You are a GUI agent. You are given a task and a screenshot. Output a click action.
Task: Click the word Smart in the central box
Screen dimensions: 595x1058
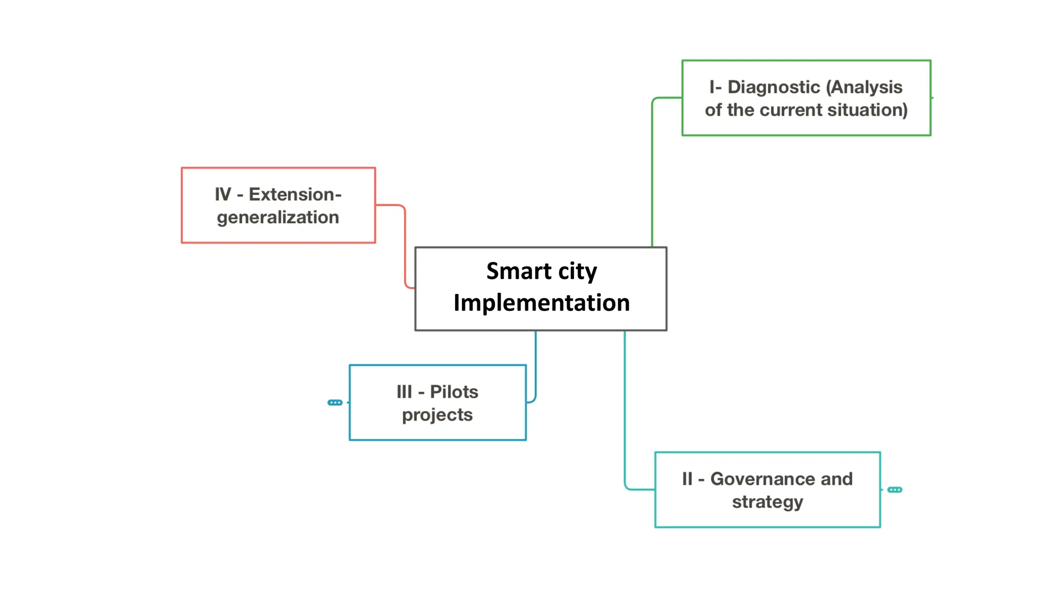[519, 271]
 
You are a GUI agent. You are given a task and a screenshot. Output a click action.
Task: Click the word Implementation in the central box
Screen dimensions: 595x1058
[541, 303]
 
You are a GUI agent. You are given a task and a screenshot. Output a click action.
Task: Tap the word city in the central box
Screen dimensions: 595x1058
[578, 272]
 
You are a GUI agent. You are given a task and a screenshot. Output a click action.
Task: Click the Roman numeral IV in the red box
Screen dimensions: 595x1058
[223, 195]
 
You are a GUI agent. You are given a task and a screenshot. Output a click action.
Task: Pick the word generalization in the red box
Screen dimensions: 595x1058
[278, 217]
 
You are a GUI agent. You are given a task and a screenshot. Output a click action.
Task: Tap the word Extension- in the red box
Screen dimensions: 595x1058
[295, 195]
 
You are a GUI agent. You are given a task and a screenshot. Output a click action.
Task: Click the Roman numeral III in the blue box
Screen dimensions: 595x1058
[404, 392]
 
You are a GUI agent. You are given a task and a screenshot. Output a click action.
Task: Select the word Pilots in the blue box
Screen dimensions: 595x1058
[454, 392]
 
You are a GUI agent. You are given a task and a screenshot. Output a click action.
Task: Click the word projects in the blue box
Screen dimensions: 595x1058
[437, 415]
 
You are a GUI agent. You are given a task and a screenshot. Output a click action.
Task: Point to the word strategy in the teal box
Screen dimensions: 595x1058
[767, 502]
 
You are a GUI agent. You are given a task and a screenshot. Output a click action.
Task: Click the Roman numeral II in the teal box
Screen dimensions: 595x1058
[687, 479]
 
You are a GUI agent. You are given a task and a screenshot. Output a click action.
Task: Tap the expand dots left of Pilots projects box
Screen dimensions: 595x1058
[335, 402]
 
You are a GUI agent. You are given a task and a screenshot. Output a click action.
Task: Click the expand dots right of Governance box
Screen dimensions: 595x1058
[894, 490]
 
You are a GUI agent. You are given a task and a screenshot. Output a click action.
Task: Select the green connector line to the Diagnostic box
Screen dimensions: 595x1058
[652, 170]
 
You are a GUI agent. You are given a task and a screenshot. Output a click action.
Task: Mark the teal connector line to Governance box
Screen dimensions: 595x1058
[625, 413]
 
